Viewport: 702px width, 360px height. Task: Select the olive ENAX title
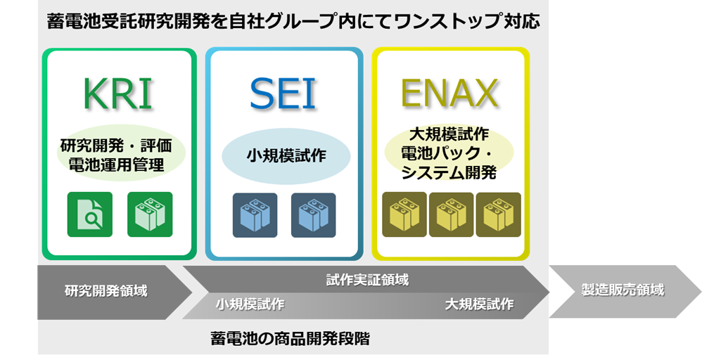pyautogui.click(x=449, y=94)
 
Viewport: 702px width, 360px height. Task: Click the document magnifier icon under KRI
pyautogui.click(x=89, y=214)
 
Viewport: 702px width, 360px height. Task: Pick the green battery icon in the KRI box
pyautogui.click(x=150, y=214)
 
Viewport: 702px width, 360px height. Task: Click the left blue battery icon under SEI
pyautogui.click(x=255, y=214)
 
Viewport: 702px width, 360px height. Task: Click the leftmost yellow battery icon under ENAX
pyautogui.click(x=404, y=214)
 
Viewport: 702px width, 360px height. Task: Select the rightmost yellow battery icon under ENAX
pyautogui.click(x=498, y=214)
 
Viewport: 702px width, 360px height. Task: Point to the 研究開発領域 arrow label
pyautogui.click(x=106, y=290)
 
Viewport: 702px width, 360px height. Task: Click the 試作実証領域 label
pyautogui.click(x=367, y=279)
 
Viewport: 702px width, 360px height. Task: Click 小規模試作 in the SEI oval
pyautogui.click(x=286, y=156)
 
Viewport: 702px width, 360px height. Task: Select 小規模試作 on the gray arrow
pyautogui.click(x=250, y=304)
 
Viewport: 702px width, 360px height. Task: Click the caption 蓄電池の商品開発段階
pyautogui.click(x=290, y=338)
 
